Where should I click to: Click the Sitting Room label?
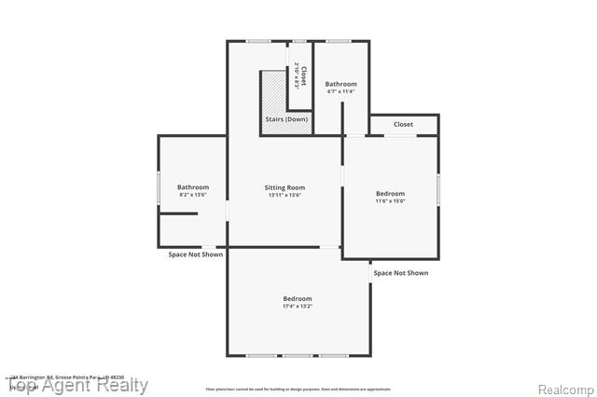pos(285,187)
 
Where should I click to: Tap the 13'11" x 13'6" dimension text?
pos(285,196)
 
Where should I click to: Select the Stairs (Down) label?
pos(285,120)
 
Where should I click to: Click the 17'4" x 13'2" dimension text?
pos(298,307)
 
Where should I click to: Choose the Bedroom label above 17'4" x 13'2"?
pos(298,298)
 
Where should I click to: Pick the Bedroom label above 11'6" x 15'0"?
pos(390,193)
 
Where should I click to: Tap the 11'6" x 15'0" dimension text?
pos(390,201)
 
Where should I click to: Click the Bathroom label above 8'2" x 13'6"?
pos(193,186)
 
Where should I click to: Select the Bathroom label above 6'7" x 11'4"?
pos(340,84)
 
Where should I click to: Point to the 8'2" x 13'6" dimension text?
pos(193,195)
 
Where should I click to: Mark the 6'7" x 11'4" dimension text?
pos(340,91)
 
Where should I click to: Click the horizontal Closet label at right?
pos(403,124)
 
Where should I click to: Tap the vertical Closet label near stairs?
pos(301,75)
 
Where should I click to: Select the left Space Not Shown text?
pos(195,254)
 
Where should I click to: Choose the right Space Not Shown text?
pos(400,273)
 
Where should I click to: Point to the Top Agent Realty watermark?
pos(78,386)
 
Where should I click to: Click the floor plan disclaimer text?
pos(298,389)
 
